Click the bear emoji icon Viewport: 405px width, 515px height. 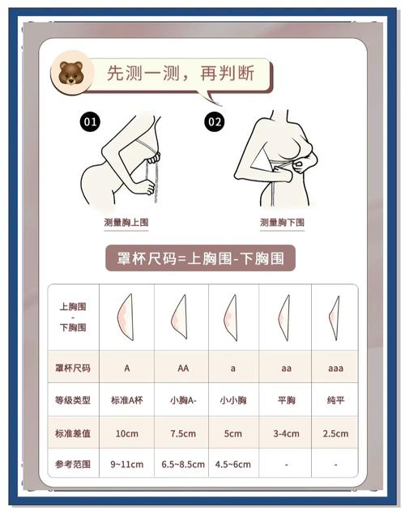click(71, 73)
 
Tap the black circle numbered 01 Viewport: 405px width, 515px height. click(90, 121)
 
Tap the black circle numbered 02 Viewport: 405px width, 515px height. click(215, 121)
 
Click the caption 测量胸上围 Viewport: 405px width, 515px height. click(126, 223)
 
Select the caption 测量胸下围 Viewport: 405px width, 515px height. click(282, 223)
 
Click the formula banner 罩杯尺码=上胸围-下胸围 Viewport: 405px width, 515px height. click(200, 258)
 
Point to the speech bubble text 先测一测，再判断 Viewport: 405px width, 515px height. click(181, 73)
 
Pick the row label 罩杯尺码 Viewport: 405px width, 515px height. click(73, 368)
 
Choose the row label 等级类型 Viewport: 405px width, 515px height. click(73, 400)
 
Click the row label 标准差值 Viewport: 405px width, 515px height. click(73, 433)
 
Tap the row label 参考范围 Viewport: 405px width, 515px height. click(73, 464)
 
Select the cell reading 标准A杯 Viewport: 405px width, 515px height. click(127, 400)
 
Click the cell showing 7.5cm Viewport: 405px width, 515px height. click(183, 433)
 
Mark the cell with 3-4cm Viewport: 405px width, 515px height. click(286, 433)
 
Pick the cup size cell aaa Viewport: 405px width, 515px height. click(335, 368)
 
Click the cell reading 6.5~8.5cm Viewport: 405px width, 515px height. click(183, 465)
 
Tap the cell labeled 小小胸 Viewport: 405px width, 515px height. click(233, 400)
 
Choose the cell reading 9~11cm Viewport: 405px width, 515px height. click(127, 465)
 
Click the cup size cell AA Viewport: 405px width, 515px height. click(183, 368)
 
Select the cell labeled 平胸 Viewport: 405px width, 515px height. click(287, 400)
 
